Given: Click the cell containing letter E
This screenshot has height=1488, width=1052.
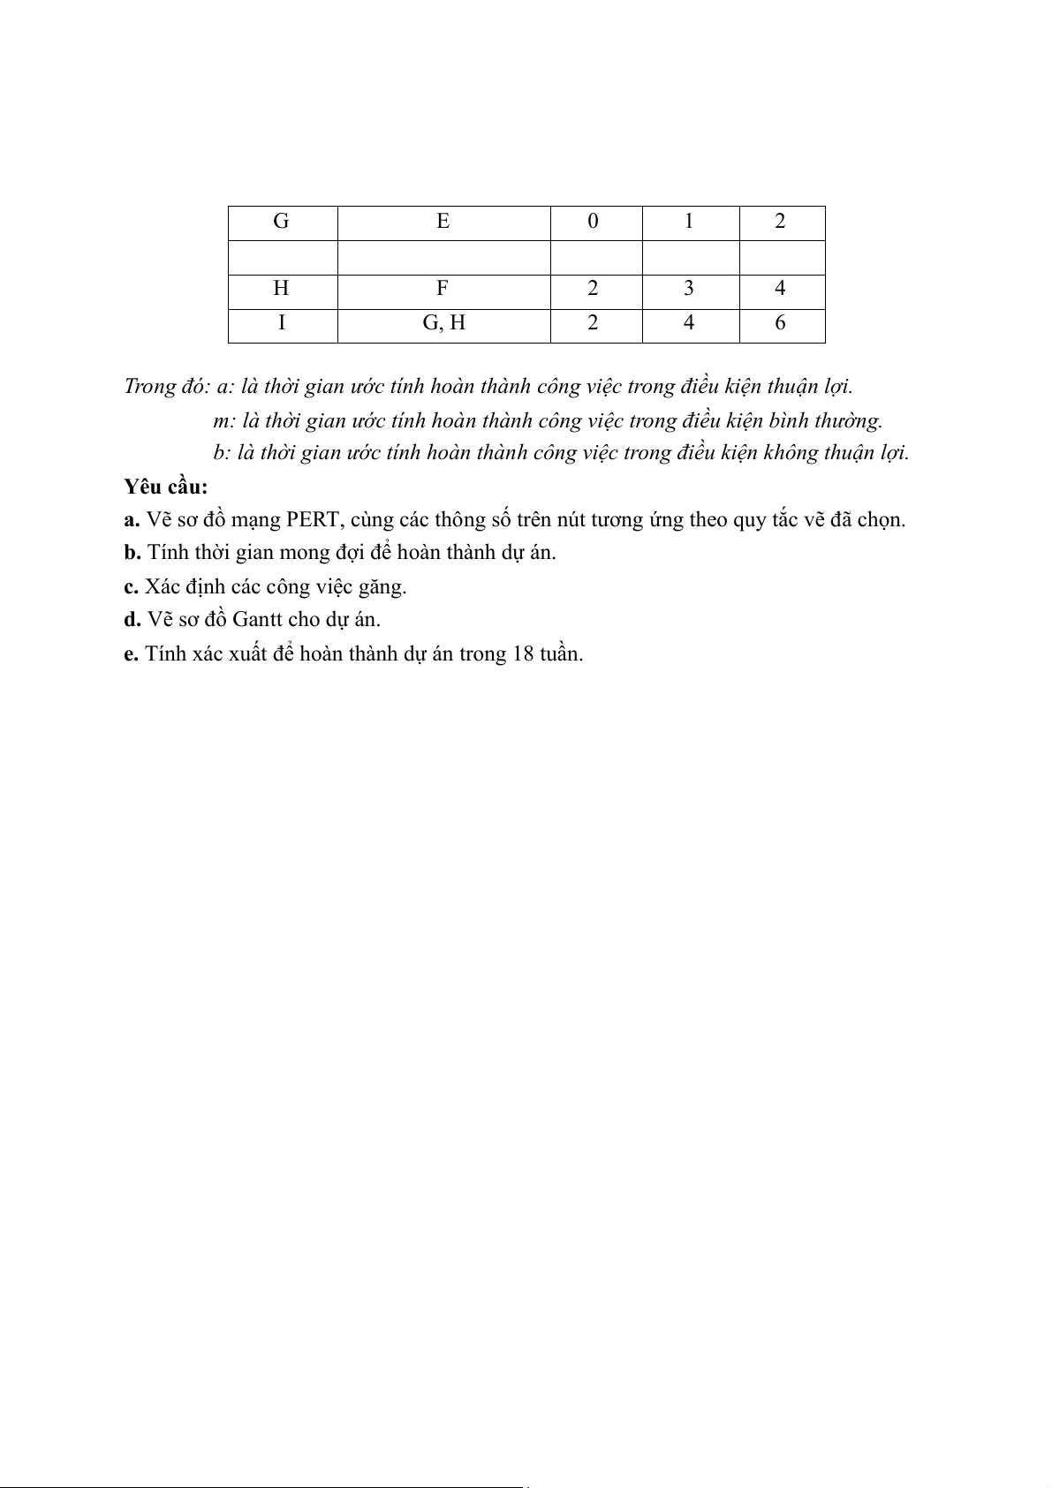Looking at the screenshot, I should click(x=443, y=222).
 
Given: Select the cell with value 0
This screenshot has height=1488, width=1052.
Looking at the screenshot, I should click(x=593, y=222).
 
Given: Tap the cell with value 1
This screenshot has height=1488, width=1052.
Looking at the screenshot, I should click(x=689, y=222).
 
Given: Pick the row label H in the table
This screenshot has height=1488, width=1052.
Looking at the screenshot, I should click(x=281, y=289).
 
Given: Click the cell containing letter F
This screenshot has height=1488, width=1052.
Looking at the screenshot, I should click(x=443, y=289).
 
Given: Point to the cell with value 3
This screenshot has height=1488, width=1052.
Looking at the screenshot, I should click(x=689, y=289).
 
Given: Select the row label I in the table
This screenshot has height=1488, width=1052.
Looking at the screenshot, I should click(x=281, y=323).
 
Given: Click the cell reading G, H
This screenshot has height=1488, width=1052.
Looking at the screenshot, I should click(x=443, y=323).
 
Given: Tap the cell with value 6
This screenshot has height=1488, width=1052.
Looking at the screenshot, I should click(x=780, y=323).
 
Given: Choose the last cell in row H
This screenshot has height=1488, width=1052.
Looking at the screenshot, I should click(x=780, y=289).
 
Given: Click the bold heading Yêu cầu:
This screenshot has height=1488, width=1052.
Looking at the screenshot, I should click(x=166, y=487).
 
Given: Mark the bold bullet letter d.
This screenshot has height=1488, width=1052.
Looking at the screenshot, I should click(x=132, y=619).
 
